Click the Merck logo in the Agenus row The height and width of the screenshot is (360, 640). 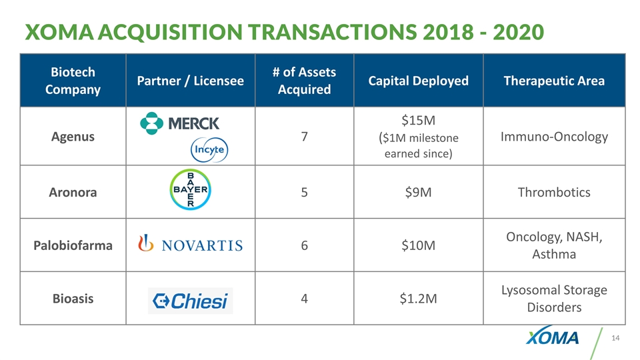pos(179,123)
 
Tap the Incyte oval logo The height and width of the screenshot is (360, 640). pos(210,149)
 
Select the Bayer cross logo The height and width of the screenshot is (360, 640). pos(190,191)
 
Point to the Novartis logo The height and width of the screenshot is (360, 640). pos(190,245)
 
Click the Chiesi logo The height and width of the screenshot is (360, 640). pos(190,301)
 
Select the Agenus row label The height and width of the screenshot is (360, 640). pos(73,137)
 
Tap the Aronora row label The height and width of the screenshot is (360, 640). pos(74,192)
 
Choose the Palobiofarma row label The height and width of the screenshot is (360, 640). pos(73,245)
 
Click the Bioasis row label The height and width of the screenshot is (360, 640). pos(73,299)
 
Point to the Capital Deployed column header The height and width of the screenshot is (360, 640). pos(419,81)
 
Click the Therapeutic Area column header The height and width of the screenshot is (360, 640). pos(555,81)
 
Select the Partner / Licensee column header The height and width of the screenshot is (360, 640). pos(190,81)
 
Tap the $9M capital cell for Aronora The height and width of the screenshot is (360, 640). pos(419,192)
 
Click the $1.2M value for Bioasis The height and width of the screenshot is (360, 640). pos(419,299)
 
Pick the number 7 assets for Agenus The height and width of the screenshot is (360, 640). pos(304,137)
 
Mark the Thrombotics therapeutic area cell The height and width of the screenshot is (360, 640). pos(555,192)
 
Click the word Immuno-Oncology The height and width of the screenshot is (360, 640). pos(555,137)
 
